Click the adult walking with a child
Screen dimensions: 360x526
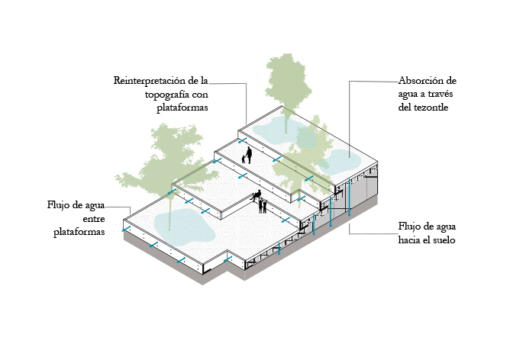click(249, 154)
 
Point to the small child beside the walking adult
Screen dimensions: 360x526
click(244, 159)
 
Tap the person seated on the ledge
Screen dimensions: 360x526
click(257, 197)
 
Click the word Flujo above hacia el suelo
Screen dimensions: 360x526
click(411, 227)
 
